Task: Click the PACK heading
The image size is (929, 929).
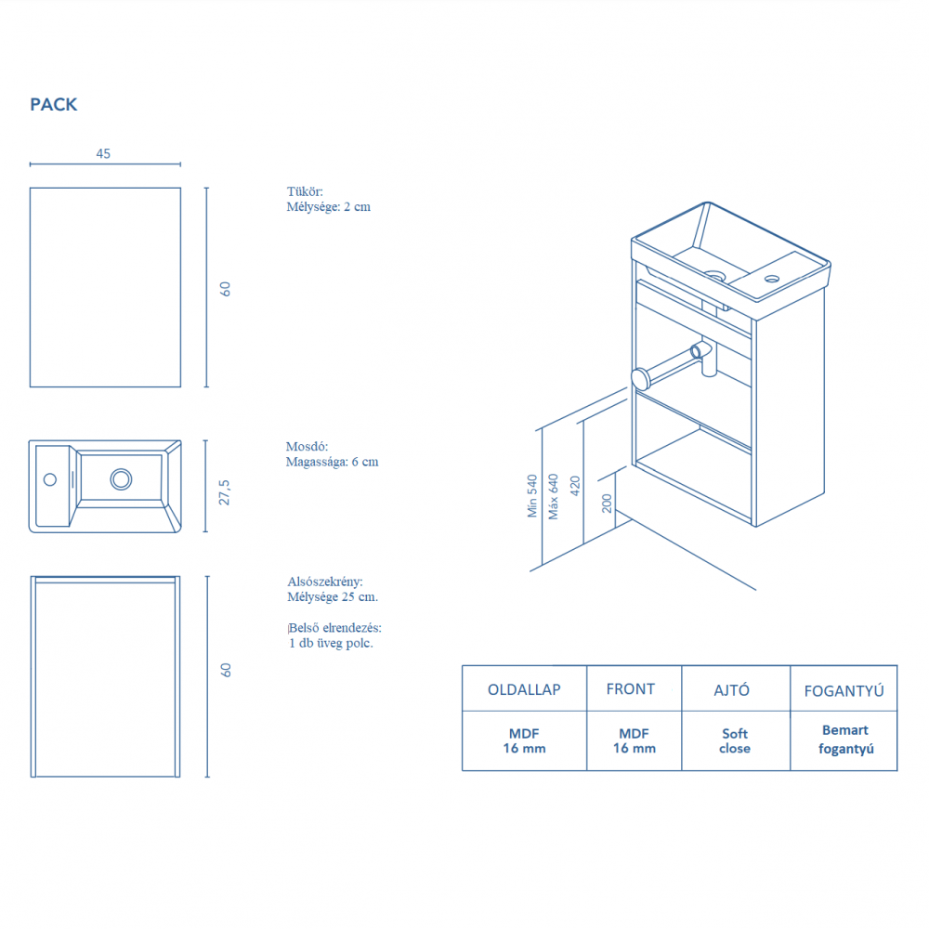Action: pyautogui.click(x=54, y=105)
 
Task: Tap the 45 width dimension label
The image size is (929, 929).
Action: pyautogui.click(x=103, y=153)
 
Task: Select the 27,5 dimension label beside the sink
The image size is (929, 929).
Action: pyautogui.click(x=224, y=492)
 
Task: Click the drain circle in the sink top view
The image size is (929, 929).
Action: pyautogui.click(x=121, y=479)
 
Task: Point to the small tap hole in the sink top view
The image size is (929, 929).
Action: pyautogui.click(x=50, y=479)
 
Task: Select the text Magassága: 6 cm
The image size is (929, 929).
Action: pyautogui.click(x=332, y=462)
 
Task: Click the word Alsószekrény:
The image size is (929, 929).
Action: pyautogui.click(x=325, y=582)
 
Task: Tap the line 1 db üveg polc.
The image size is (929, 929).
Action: pyautogui.click(x=331, y=643)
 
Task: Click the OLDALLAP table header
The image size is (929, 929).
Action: pyautogui.click(x=524, y=690)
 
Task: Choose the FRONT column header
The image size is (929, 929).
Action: pyautogui.click(x=631, y=689)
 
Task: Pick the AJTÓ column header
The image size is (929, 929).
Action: pyautogui.click(x=734, y=690)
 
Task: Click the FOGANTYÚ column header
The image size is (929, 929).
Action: pyautogui.click(x=843, y=690)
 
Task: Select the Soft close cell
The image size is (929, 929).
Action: pyautogui.click(x=735, y=741)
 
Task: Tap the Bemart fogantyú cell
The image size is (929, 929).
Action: pyautogui.click(x=844, y=739)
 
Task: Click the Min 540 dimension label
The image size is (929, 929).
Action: pyautogui.click(x=532, y=496)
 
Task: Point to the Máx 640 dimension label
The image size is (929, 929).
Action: pyautogui.click(x=554, y=496)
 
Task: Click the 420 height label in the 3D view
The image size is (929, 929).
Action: pyautogui.click(x=575, y=484)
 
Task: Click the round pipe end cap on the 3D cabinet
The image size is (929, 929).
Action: pyautogui.click(x=640, y=378)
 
